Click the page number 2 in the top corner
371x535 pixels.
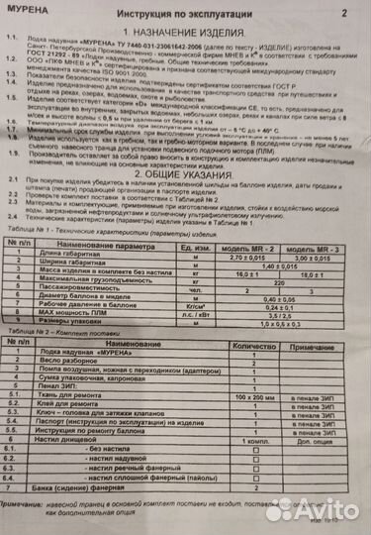344,15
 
